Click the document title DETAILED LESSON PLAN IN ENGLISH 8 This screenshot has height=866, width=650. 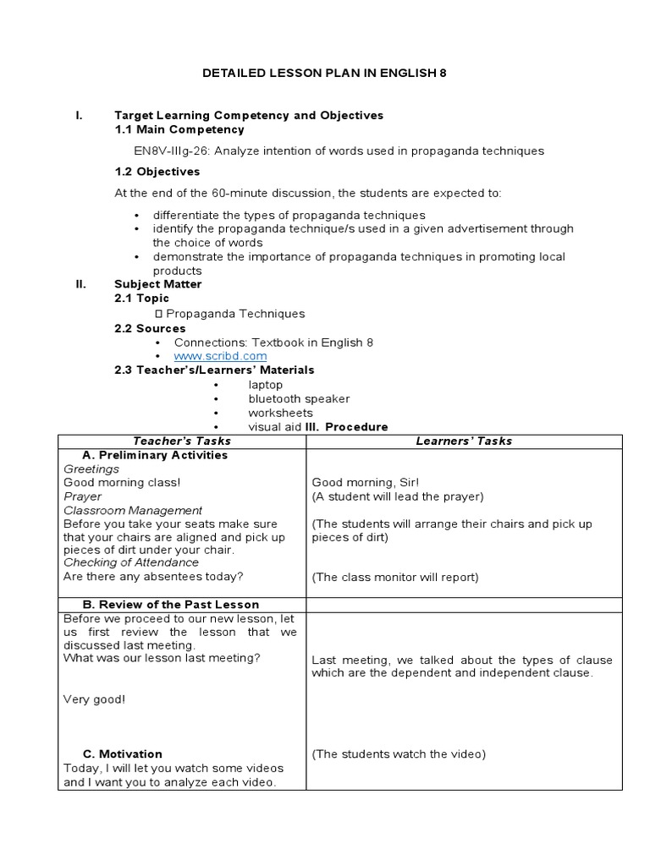[x=324, y=74]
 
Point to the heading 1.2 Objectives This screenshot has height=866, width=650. [x=157, y=172]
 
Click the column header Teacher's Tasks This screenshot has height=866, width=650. [x=182, y=441]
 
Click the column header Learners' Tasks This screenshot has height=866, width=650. [x=464, y=441]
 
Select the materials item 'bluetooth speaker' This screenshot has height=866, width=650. [x=299, y=398]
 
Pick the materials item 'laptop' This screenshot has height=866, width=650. [x=266, y=385]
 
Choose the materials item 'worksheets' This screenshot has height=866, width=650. [x=280, y=413]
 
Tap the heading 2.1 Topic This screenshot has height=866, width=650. [x=142, y=299]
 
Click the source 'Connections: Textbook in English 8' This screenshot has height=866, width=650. [x=273, y=343]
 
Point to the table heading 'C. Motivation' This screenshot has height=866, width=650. [x=123, y=754]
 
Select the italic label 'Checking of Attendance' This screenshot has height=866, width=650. [x=131, y=562]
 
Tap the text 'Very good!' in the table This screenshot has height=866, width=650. [x=94, y=699]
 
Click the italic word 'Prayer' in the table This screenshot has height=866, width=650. [x=82, y=496]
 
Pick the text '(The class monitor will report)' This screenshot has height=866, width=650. [x=395, y=578]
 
